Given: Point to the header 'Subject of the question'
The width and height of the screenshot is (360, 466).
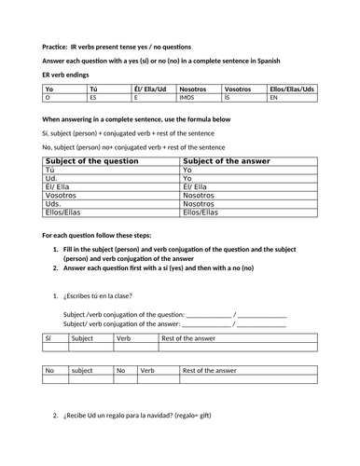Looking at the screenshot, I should tap(82, 161).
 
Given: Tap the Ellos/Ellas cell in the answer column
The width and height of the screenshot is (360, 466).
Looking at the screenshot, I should tap(201, 212).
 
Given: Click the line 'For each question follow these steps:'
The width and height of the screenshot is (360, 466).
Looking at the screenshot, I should tap(103, 235).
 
